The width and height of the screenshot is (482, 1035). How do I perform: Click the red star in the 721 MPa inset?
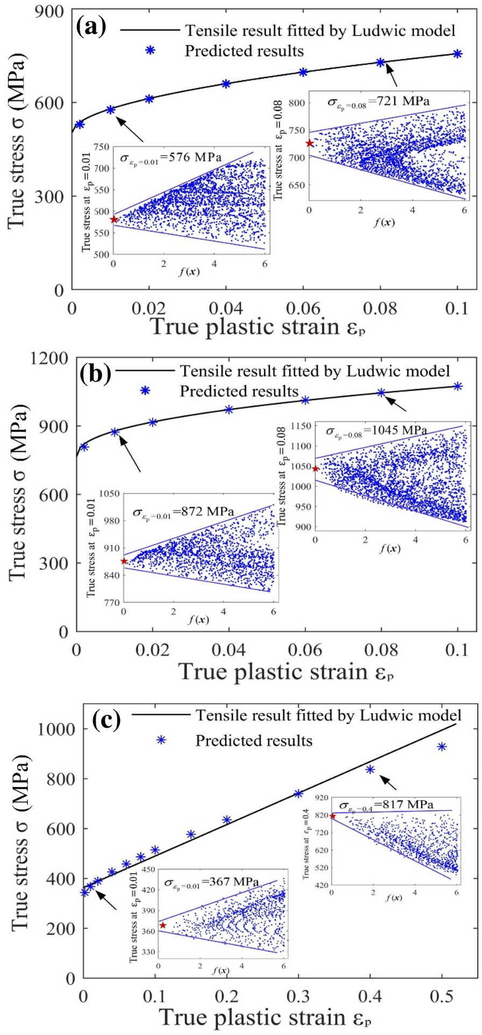coord(309,143)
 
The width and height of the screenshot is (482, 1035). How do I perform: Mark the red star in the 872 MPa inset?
coord(124,561)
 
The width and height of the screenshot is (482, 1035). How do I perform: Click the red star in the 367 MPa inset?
coord(163,925)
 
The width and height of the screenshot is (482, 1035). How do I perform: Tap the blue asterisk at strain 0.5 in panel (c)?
coord(442,747)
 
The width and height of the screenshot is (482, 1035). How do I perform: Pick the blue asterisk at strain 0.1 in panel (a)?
coord(457,54)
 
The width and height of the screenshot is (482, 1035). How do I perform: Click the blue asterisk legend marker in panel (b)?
coord(145,391)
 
